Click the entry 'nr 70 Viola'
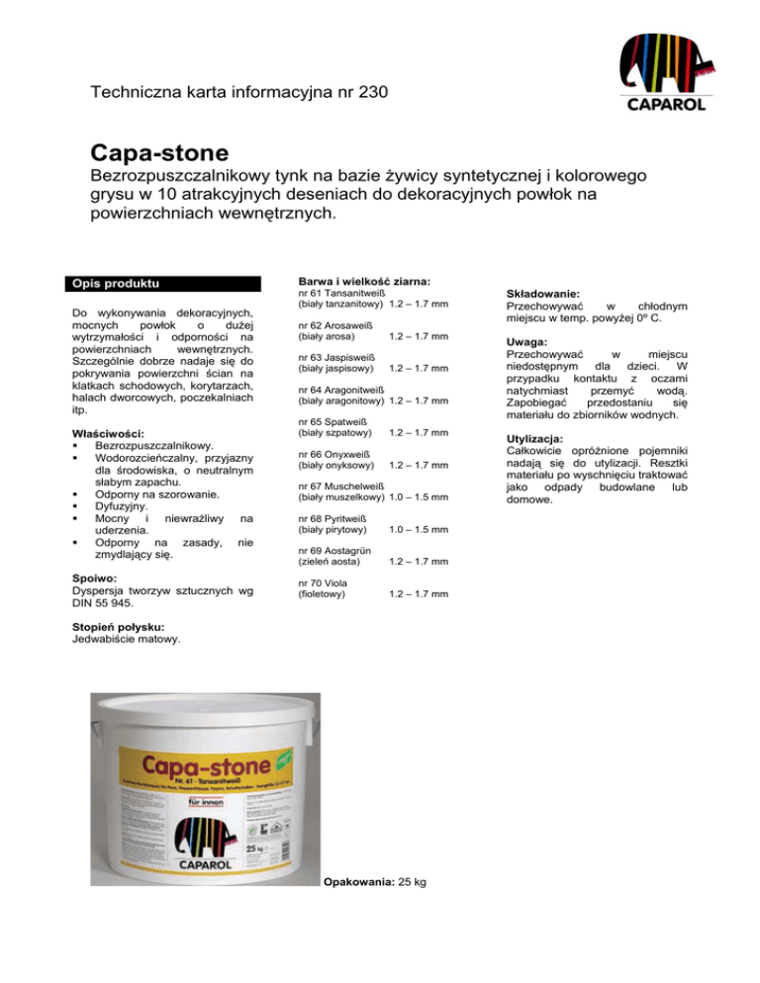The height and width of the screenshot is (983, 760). coord(322,583)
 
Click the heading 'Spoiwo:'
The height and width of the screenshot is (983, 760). coord(90,578)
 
